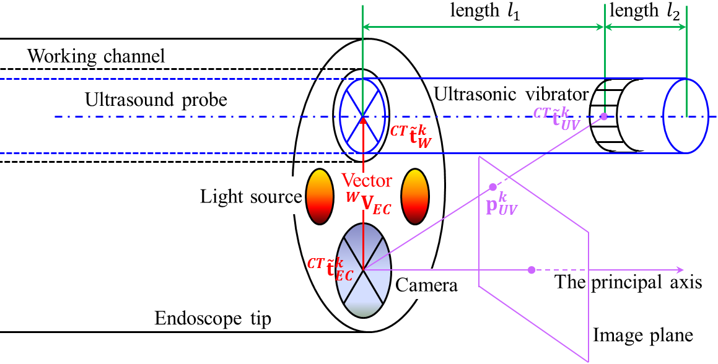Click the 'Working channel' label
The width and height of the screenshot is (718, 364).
(x=97, y=57)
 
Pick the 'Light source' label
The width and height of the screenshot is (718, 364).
(x=250, y=197)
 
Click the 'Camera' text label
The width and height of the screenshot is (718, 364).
(x=426, y=286)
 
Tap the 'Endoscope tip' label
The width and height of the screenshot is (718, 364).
(x=213, y=319)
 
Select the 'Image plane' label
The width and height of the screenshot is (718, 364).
(x=643, y=336)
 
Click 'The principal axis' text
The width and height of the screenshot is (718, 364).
(x=628, y=282)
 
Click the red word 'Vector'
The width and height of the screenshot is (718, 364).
(x=367, y=181)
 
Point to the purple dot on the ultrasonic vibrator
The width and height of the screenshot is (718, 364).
(x=603, y=116)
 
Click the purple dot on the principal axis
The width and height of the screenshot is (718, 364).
(x=531, y=270)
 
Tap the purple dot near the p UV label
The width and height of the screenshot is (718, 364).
(x=493, y=187)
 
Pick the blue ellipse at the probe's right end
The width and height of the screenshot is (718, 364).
(x=686, y=116)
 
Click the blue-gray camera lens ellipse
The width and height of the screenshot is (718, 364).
(x=363, y=270)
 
